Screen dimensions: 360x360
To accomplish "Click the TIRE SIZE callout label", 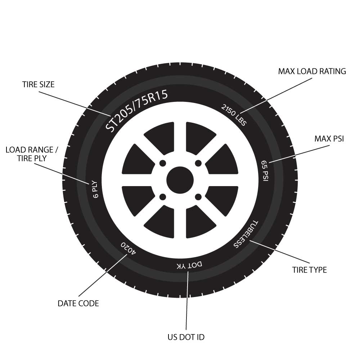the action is (x=39, y=85).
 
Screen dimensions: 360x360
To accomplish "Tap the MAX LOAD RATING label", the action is (x=312, y=71).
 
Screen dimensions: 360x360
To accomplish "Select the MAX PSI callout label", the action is (x=329, y=139).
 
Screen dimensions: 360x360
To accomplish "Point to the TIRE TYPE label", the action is (x=310, y=270).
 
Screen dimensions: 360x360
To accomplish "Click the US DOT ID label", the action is (x=186, y=337).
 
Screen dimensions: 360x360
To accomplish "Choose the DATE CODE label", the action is (x=78, y=303).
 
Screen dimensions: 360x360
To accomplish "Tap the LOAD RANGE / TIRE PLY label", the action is (x=32, y=154).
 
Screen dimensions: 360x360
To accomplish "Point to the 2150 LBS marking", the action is (x=234, y=115).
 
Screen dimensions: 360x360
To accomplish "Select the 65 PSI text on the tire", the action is (x=265, y=171).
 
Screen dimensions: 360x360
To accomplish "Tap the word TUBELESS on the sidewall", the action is (x=246, y=234).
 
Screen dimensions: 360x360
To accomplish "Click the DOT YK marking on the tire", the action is (x=189, y=265).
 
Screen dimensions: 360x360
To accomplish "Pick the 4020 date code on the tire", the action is (x=129, y=248).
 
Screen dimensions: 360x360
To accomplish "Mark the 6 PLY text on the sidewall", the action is (x=95, y=190).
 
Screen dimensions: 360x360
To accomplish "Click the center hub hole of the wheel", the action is (x=180, y=180).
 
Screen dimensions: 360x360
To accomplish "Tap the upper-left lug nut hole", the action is (x=163, y=163).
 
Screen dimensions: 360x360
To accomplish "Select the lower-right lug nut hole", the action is (x=198, y=197).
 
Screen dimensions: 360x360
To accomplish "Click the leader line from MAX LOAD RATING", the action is (x=276, y=96).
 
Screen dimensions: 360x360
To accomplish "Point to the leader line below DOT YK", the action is (x=187, y=301).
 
